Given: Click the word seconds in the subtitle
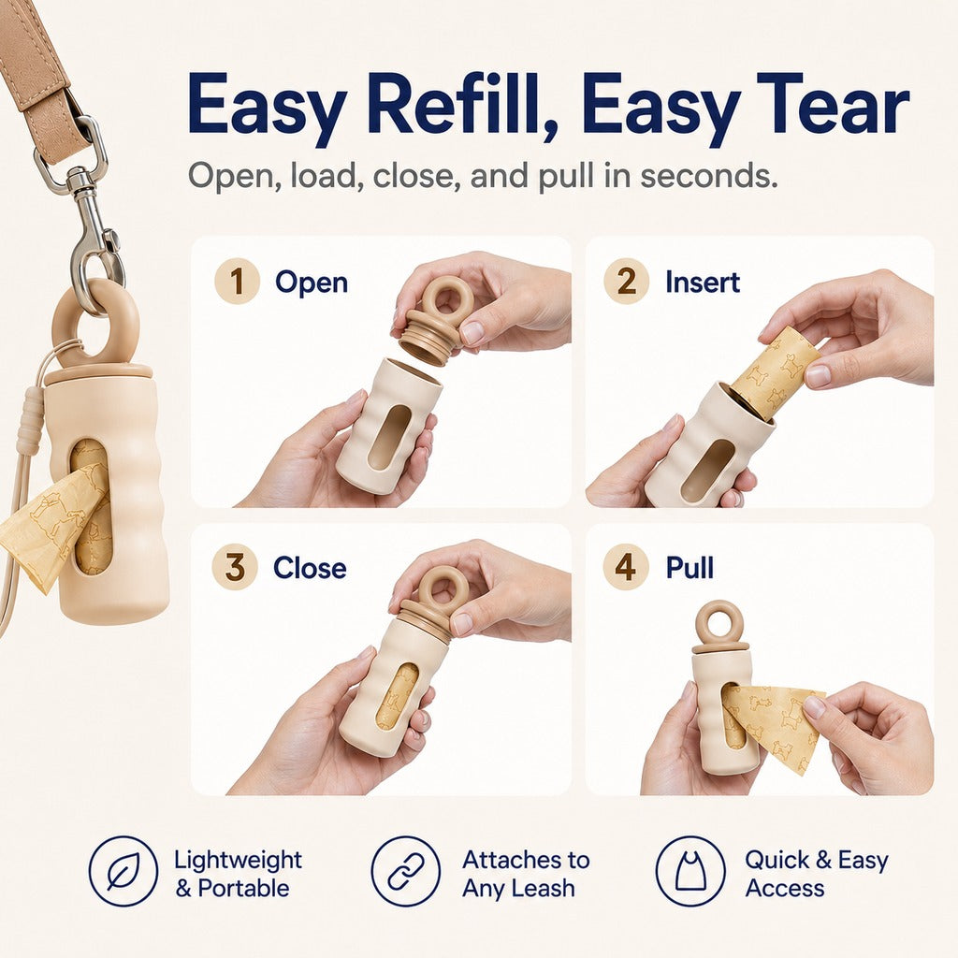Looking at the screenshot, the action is pos(709,176).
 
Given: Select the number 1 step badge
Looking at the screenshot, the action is pos(237,282).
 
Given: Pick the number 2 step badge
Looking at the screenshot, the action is pos(626,282).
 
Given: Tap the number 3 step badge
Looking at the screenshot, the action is pos(235,567).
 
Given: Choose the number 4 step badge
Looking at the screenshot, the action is pos(625,567).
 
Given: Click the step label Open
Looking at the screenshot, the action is pos(312,283).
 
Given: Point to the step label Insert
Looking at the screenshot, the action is pos(703,283).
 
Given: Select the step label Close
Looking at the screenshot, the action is pos(310,568).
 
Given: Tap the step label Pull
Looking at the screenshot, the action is pos(689,568).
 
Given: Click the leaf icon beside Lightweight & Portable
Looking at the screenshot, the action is pos(123,871).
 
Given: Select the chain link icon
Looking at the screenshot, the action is pos(406,871).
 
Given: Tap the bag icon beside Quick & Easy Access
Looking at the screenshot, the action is pos(690,871).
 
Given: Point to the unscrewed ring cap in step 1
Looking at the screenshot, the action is pos(436,319).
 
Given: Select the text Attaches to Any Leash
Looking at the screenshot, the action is pos(526,874).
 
